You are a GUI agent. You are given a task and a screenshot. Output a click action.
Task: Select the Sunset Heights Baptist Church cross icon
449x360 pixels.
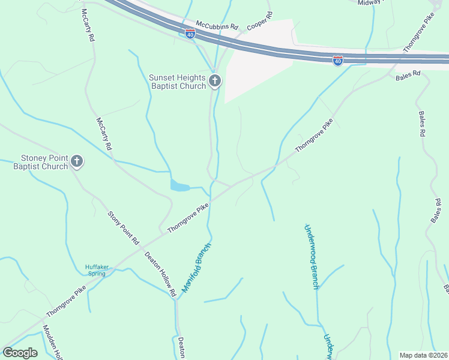pos(215,81)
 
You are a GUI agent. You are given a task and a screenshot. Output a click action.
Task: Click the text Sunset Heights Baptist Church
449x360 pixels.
pos(178,81)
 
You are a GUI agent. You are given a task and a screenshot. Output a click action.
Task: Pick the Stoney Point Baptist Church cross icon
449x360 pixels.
pos(76,161)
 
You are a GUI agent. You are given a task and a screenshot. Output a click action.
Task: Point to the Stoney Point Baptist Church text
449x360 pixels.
pos(41,162)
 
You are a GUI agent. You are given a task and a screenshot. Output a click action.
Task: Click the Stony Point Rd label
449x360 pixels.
pos(123,227)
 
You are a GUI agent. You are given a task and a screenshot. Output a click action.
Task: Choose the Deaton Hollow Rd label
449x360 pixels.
pos(160,273)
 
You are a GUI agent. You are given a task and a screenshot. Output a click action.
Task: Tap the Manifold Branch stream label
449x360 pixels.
pos(196,267)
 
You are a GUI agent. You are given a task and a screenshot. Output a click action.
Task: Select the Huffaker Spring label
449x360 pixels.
pos(95,270)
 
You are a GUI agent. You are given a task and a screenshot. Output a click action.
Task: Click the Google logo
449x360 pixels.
pos(20,353)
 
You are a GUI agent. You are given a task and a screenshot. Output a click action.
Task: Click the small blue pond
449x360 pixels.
pos(179,186)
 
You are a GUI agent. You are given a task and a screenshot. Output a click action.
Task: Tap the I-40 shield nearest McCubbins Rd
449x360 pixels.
pos(190,34)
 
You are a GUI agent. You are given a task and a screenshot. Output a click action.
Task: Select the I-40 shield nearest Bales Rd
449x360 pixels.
pos(337,61)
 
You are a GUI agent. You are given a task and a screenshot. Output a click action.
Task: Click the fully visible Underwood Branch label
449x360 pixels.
pos(310,257)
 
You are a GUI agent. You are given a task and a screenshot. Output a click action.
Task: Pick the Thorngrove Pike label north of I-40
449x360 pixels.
pos(418,35)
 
